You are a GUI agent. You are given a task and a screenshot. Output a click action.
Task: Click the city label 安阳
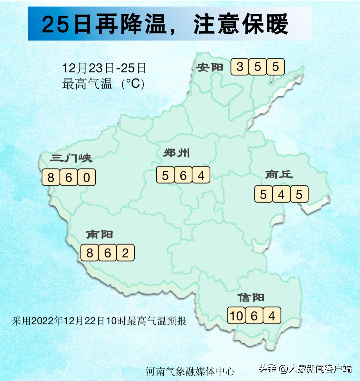[209, 67]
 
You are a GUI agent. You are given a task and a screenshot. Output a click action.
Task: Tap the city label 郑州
[176, 153]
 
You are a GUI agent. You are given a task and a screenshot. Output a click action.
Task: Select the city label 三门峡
[71, 158]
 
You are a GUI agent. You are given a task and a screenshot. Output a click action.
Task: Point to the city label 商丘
[279, 174]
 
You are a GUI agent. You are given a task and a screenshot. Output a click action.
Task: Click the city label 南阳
[99, 234]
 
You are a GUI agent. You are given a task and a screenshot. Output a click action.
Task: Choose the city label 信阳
[251, 297]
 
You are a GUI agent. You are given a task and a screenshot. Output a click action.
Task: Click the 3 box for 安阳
[240, 67]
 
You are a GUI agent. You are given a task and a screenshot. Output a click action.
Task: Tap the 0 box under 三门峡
[87, 177]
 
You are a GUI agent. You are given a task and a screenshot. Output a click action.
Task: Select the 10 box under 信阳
[236, 315]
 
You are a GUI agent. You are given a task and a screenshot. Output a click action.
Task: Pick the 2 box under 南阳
[125, 253]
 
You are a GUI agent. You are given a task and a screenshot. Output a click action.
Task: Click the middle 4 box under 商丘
[281, 194]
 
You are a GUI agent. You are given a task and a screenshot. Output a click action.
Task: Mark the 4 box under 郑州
[201, 175]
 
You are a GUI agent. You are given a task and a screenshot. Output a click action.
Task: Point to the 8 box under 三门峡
[51, 177]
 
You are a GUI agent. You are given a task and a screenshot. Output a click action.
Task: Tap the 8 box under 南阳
[90, 253]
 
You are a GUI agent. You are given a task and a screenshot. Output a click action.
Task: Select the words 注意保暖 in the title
[241, 24]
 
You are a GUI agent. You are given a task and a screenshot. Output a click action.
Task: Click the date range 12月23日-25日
[104, 68]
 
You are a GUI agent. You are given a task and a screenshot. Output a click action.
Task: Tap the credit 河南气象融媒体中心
[190, 371]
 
